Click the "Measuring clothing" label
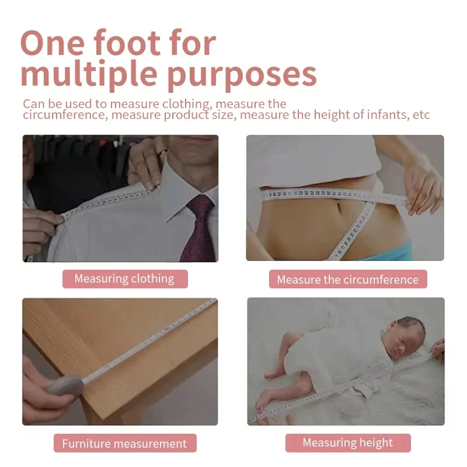click(x=124, y=278)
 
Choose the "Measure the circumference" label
click(x=347, y=280)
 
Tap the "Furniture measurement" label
click(x=124, y=443)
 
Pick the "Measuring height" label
click(x=347, y=442)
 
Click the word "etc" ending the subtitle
click(x=421, y=114)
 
